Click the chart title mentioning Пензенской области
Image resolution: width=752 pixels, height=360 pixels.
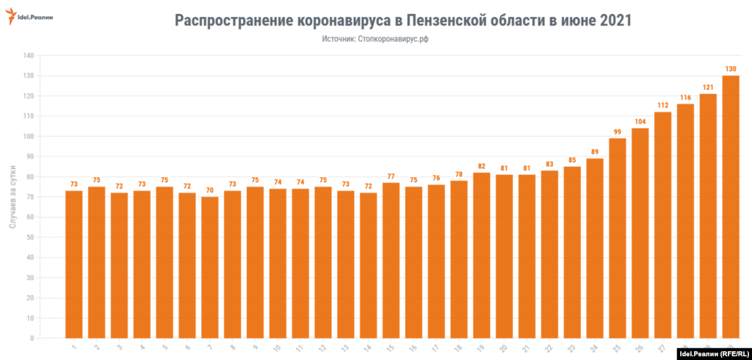pos(402,21)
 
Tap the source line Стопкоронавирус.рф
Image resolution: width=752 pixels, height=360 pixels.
pos(375,39)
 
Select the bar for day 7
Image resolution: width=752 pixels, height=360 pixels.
pos(210,267)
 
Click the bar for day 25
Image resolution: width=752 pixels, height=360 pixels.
pos(617,238)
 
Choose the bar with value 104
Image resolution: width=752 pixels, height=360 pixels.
pos(640,233)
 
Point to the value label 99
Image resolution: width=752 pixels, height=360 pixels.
pos(617,132)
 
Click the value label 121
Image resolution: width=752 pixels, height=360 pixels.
pos(708,87)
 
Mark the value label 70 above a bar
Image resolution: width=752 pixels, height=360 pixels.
pos(210,190)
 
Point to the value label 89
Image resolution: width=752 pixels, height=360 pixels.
pos(594,152)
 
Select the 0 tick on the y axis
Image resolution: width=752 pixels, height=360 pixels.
pos(32,339)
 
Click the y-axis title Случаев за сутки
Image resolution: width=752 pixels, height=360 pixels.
pos(13,196)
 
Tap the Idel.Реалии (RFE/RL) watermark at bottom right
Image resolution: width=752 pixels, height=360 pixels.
pos(709,353)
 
